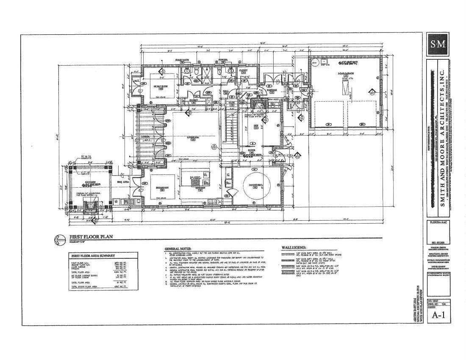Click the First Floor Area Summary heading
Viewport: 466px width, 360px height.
click(93, 256)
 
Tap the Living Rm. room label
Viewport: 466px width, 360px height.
click(194, 137)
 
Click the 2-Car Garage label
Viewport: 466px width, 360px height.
click(346, 74)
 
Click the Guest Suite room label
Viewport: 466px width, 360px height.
click(161, 86)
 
